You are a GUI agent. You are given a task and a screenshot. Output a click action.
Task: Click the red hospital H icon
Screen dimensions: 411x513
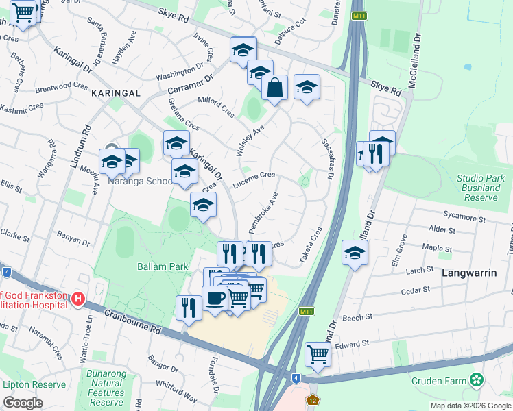tap(77, 299)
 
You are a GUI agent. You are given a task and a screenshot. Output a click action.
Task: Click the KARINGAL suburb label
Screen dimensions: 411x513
tap(115, 92)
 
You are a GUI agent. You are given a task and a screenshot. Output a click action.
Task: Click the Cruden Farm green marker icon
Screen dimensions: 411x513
tap(477, 380)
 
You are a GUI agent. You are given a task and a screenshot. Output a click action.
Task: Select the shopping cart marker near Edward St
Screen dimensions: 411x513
tap(318, 354)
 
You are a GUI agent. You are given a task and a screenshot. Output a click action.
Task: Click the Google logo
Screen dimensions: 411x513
tap(23, 403)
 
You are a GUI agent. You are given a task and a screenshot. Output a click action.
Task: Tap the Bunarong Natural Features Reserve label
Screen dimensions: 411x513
tap(105, 388)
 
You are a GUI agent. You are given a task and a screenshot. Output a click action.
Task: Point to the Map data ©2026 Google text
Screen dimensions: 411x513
tap(470, 406)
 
